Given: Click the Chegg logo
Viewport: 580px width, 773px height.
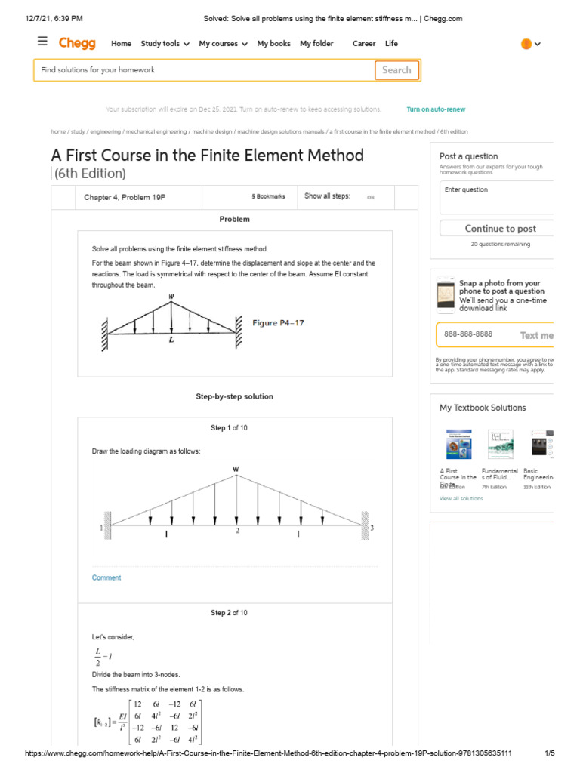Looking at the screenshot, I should point(78,43).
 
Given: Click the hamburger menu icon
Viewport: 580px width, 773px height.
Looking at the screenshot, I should point(42,42).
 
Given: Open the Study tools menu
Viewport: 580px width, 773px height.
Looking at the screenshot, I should point(165,44).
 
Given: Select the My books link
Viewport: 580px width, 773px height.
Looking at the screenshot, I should point(273,44).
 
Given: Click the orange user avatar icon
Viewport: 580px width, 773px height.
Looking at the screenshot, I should point(526,44).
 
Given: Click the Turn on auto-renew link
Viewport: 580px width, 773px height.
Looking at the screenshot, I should point(436,109).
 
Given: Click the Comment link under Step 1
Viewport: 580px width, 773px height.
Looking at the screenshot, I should point(106,577).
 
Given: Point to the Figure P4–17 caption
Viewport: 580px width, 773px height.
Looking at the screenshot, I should point(278,323).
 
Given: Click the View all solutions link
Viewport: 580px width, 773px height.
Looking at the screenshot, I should point(461,499).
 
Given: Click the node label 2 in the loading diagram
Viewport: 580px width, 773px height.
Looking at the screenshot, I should point(237,531).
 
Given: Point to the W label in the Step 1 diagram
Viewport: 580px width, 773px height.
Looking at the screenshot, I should point(236,469).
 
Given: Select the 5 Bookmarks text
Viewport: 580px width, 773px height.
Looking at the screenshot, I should point(268,196).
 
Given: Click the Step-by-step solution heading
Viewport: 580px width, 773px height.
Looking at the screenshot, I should point(234,396).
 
